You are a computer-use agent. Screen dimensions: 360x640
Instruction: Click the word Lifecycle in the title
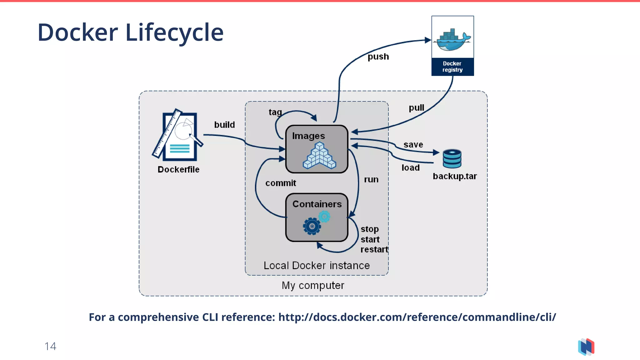tap(174, 33)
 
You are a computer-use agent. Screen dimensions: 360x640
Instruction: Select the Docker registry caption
tap(452, 67)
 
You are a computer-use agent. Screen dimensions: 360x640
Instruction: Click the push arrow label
tap(378, 57)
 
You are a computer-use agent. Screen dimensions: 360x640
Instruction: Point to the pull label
tap(416, 108)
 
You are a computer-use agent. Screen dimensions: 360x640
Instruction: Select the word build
tap(224, 125)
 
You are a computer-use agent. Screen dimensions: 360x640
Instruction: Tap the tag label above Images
tap(275, 112)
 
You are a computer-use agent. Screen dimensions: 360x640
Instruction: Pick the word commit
tap(281, 183)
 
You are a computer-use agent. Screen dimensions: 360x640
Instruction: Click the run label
tap(371, 180)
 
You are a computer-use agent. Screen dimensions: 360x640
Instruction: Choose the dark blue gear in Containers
tap(312, 226)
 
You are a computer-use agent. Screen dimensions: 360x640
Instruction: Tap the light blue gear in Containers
tap(324, 216)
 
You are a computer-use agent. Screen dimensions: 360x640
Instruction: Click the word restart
tap(374, 249)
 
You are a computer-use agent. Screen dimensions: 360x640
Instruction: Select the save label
tap(413, 145)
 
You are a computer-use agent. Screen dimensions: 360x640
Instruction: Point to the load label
tap(410, 168)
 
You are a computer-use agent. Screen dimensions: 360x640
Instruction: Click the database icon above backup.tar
tap(452, 159)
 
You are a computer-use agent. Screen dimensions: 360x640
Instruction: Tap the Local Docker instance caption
tap(317, 266)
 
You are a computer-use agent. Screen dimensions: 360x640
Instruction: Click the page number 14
tap(50, 346)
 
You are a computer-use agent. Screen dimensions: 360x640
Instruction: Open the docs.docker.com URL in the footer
tap(417, 317)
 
